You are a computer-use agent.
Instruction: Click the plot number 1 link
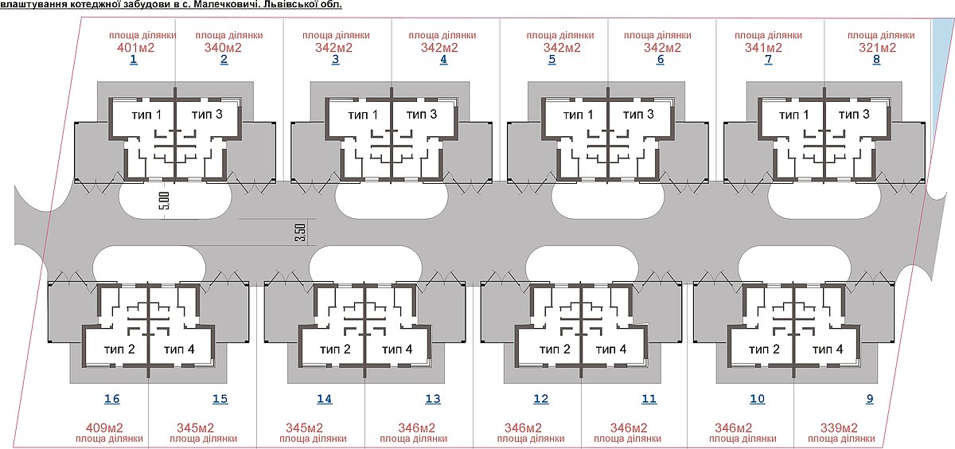134,59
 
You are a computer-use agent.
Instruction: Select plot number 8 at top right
876,59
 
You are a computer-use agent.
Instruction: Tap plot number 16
112,399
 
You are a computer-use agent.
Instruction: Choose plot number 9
870,399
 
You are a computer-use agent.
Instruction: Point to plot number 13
433,399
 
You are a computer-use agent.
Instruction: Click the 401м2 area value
135,47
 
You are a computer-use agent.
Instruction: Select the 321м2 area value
877,47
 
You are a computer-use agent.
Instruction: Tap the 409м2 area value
104,428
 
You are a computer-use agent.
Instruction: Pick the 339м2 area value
839,428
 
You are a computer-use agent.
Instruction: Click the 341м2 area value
763,47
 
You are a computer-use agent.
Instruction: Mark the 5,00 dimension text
166,201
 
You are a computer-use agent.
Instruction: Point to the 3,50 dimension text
300,232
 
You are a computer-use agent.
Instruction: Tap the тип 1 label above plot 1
146,115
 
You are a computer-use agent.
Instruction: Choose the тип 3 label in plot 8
854,115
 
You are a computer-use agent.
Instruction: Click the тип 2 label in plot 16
119,349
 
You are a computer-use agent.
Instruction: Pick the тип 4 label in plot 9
828,349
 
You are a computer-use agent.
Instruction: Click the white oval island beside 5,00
175,201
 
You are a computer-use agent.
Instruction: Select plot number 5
552,59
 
